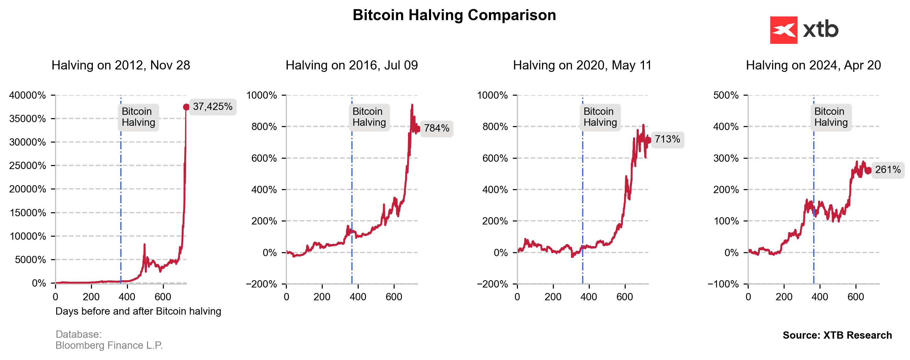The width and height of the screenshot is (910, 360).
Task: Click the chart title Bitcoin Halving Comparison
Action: [454, 15]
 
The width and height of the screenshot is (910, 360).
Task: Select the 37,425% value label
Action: [213, 107]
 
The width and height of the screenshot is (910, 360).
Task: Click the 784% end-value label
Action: [437, 128]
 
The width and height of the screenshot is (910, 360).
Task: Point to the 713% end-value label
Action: [667, 139]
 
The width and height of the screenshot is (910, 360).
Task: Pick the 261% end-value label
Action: [888, 170]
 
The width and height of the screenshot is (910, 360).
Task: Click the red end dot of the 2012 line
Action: [186, 107]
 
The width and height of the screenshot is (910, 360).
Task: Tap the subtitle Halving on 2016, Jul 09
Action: [352, 65]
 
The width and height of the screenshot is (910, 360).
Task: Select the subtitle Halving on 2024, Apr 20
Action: [813, 65]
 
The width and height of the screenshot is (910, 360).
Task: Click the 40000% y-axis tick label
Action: [28, 95]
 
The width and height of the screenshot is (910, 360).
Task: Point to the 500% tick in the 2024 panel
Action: [726, 95]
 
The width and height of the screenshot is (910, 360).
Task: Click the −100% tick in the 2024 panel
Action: [723, 284]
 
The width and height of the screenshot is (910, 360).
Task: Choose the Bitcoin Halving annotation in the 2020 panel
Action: [600, 117]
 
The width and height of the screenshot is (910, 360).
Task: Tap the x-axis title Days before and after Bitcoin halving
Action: [138, 311]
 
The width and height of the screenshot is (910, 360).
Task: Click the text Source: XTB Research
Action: [837, 335]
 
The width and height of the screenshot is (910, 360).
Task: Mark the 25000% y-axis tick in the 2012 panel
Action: [28, 166]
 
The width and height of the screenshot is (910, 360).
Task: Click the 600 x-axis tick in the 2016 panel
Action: [394, 297]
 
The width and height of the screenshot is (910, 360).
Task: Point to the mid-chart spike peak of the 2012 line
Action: [144, 245]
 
